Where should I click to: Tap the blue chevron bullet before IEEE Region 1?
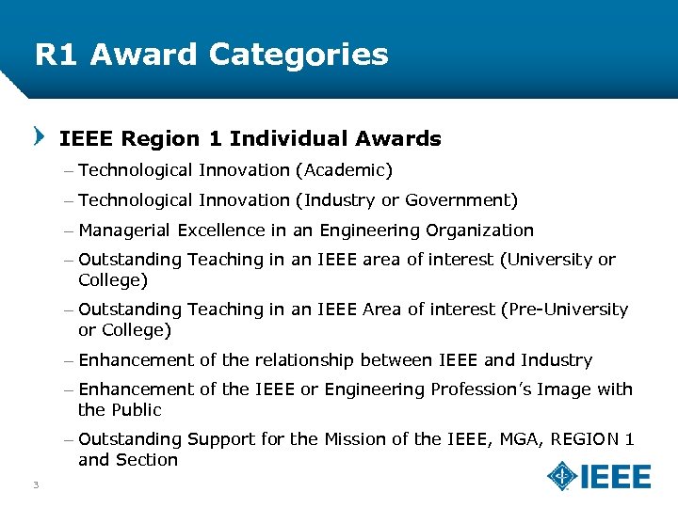pos(39,137)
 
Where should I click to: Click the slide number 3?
pos(35,484)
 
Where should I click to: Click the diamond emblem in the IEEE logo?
pos(562,476)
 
